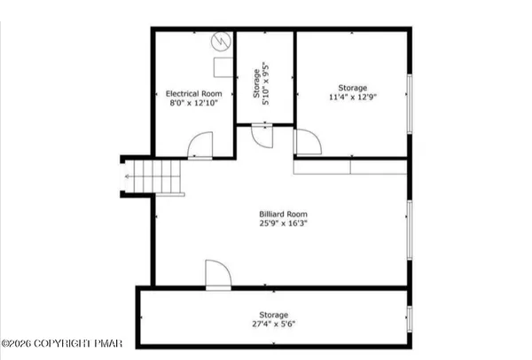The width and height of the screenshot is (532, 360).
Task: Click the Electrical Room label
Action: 192,93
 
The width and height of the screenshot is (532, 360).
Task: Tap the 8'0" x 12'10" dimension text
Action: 192,103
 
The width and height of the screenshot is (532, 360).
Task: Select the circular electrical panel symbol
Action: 220,42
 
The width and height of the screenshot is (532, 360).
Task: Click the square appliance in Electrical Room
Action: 222,68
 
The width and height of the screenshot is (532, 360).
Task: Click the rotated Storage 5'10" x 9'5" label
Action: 262,87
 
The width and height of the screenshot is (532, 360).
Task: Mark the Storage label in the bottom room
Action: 273,314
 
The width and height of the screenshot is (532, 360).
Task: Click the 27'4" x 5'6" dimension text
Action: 273,325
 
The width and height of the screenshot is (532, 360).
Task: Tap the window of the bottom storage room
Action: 409,317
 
